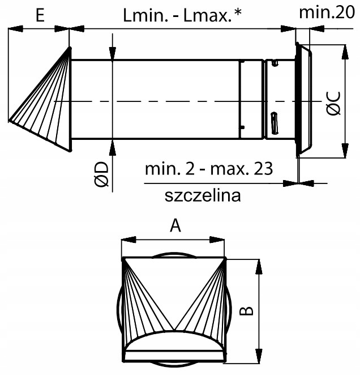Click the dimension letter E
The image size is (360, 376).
tap(39, 15)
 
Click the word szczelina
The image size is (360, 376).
tap(203, 195)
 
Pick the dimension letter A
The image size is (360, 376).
tap(175, 227)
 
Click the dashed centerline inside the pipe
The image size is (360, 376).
tap(170, 101)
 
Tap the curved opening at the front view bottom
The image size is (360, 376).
tap(175, 342)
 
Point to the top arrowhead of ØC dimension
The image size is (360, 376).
tap(345, 48)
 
